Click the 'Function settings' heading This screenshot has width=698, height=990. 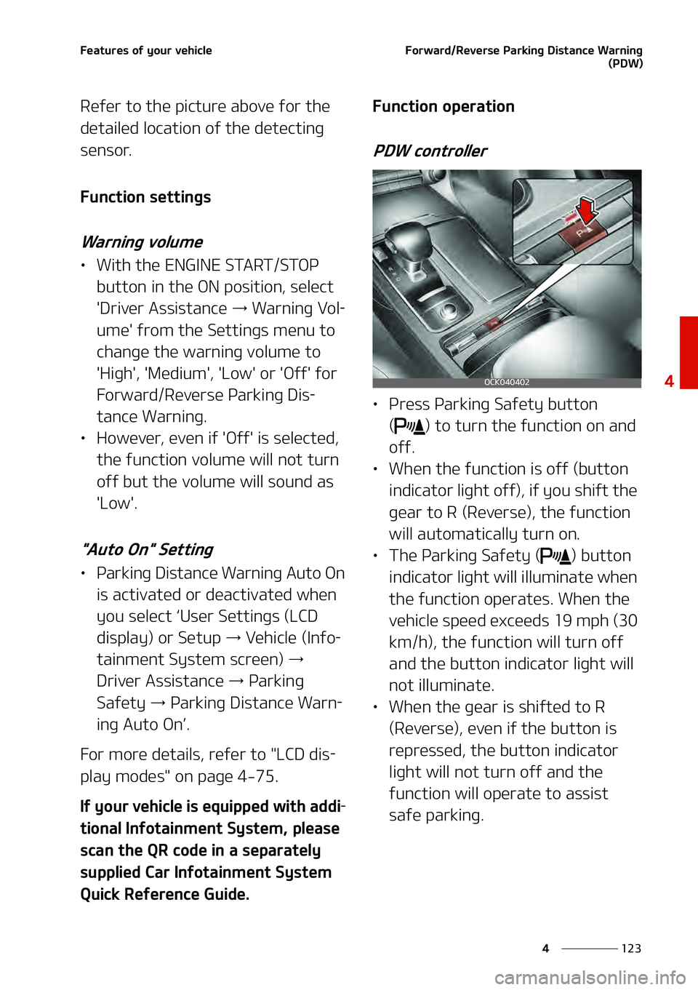click(145, 197)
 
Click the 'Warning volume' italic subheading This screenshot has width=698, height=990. click(142, 242)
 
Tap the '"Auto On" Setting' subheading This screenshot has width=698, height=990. click(148, 550)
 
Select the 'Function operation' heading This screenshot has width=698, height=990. click(444, 107)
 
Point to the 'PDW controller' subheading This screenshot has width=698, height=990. click(430, 151)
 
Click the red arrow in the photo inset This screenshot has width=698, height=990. click(586, 210)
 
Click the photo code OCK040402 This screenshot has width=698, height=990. click(507, 382)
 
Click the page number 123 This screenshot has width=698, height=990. click(631, 949)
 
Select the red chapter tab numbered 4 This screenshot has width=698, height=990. click(688, 353)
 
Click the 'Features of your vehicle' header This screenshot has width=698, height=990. click(146, 51)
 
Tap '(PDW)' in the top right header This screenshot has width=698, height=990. click(625, 63)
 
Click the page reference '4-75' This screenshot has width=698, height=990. click(257, 777)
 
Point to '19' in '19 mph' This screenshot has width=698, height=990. click(563, 621)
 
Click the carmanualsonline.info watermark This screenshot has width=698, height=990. click(590, 978)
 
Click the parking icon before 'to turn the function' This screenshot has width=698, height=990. click(410, 426)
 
